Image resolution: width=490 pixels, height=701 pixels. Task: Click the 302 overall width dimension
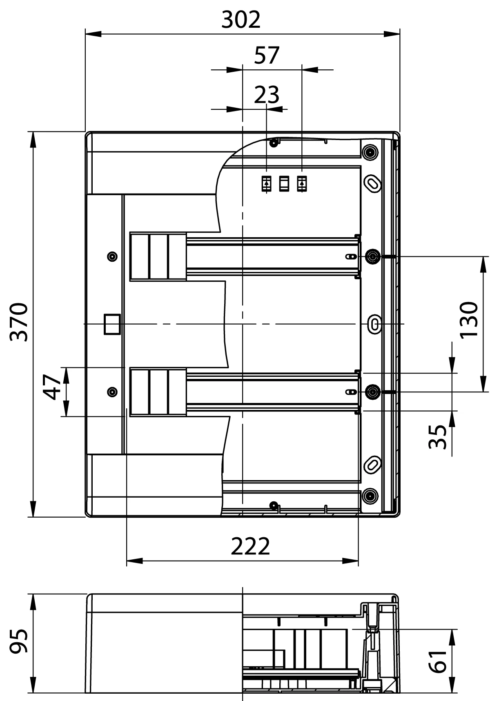click(x=241, y=20)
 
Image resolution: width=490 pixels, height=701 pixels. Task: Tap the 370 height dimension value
click(x=19, y=322)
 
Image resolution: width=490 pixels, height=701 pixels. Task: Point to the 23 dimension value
click(x=267, y=95)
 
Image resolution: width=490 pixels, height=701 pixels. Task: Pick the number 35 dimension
click(x=439, y=437)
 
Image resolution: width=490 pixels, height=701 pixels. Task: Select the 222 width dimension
click(x=250, y=546)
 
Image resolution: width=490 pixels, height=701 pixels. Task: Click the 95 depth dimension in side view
click(x=19, y=641)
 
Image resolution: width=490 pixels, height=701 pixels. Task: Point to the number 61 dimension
click(x=439, y=661)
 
